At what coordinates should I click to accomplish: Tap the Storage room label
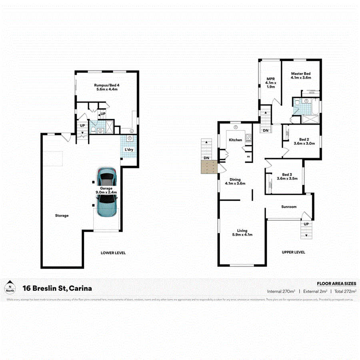coord(62,216)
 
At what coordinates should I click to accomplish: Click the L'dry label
coord(129,150)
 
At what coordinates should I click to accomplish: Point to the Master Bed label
coord(301,75)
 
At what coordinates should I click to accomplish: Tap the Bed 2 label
coord(301,141)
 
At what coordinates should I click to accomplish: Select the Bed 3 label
coord(287,176)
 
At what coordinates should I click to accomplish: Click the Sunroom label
coord(289,207)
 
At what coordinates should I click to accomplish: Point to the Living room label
coord(242,233)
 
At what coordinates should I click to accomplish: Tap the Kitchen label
coord(235,140)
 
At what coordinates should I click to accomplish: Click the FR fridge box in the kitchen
coord(248,157)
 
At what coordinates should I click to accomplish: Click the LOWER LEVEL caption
coord(113,253)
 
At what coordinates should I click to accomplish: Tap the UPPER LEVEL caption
coord(293,252)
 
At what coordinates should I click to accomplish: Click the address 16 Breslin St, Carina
coord(57,288)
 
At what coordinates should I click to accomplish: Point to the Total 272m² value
coord(345,291)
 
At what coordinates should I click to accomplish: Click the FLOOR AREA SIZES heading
coord(336,283)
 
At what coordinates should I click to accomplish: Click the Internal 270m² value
coord(282,291)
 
